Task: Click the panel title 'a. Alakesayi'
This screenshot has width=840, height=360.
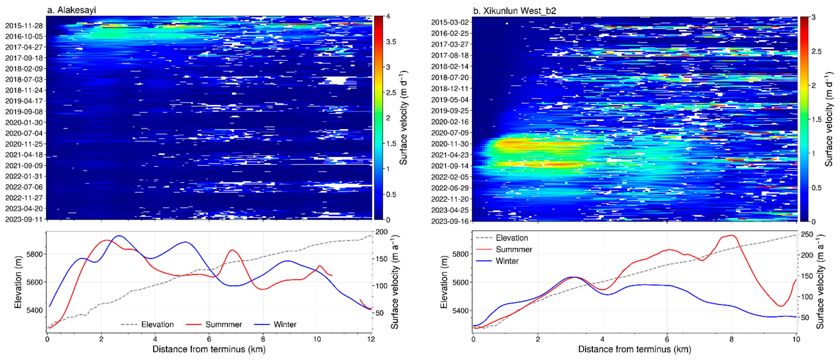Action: (71, 10)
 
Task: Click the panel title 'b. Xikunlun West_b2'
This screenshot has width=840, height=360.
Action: (514, 11)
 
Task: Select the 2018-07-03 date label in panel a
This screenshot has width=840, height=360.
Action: (24, 79)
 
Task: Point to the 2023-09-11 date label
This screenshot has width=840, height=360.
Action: (24, 219)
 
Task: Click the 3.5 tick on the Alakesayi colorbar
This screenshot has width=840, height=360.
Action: (391, 42)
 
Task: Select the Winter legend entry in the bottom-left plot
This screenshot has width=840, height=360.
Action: (285, 324)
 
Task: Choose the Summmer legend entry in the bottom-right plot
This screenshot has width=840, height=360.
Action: (514, 250)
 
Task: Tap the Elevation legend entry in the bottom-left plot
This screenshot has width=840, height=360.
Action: (157, 324)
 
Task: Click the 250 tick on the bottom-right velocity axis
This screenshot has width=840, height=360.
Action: (807, 234)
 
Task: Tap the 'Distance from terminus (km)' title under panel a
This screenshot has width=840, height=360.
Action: (209, 349)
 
